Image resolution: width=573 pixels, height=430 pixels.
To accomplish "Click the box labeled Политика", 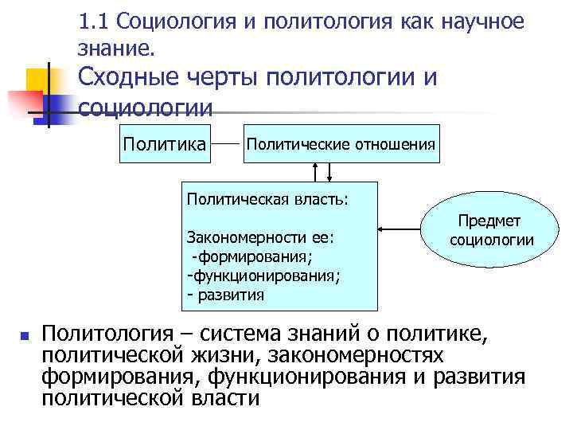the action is [x=163, y=144].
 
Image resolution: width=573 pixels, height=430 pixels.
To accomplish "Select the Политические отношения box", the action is [x=341, y=144].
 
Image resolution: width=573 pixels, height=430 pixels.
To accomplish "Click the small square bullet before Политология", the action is [x=25, y=337].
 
